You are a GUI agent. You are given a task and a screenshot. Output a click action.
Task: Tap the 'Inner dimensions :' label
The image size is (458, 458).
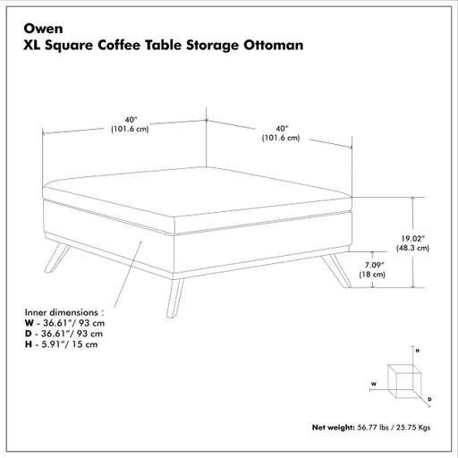58,311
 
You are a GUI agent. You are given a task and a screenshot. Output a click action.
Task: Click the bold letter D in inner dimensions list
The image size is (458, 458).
29,333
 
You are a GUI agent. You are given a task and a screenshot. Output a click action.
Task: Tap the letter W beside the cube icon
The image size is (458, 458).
373,382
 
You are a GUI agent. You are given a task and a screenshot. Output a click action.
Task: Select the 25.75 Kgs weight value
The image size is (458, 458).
413,428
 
